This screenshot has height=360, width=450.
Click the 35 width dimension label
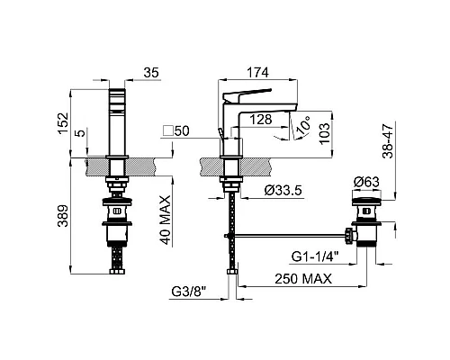[x=151, y=73]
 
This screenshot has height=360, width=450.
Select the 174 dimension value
[x=257, y=73]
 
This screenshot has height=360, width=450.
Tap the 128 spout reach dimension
[x=261, y=120]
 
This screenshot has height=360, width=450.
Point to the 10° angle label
[x=302, y=127]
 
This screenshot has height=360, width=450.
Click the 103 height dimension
[x=324, y=133]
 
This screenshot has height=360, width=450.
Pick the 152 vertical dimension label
[x=63, y=123]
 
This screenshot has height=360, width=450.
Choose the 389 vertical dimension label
[x=63, y=216]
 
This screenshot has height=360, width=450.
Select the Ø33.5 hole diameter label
[x=283, y=191]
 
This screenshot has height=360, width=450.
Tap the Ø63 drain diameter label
[x=366, y=182]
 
